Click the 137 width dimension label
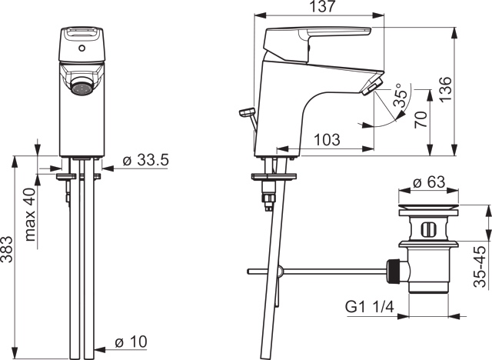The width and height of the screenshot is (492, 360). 318,8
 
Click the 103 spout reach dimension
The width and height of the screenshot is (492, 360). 328,139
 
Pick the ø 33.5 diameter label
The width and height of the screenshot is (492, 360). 146,161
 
